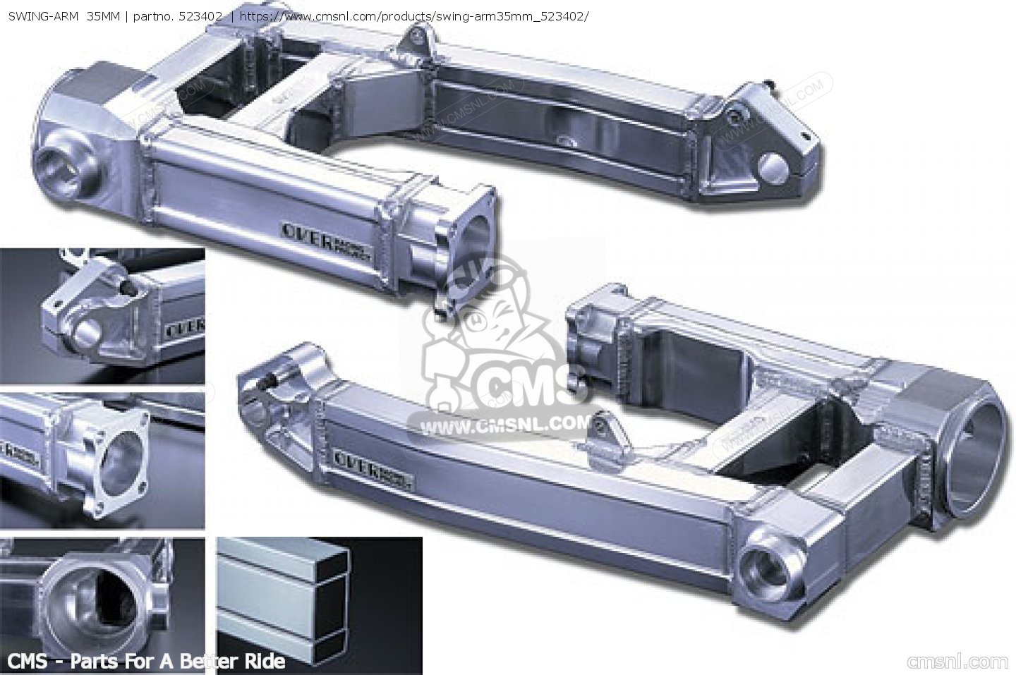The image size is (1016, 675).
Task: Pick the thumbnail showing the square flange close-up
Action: coord(102,460)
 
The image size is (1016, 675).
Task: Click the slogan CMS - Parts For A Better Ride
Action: coord(144,662)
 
